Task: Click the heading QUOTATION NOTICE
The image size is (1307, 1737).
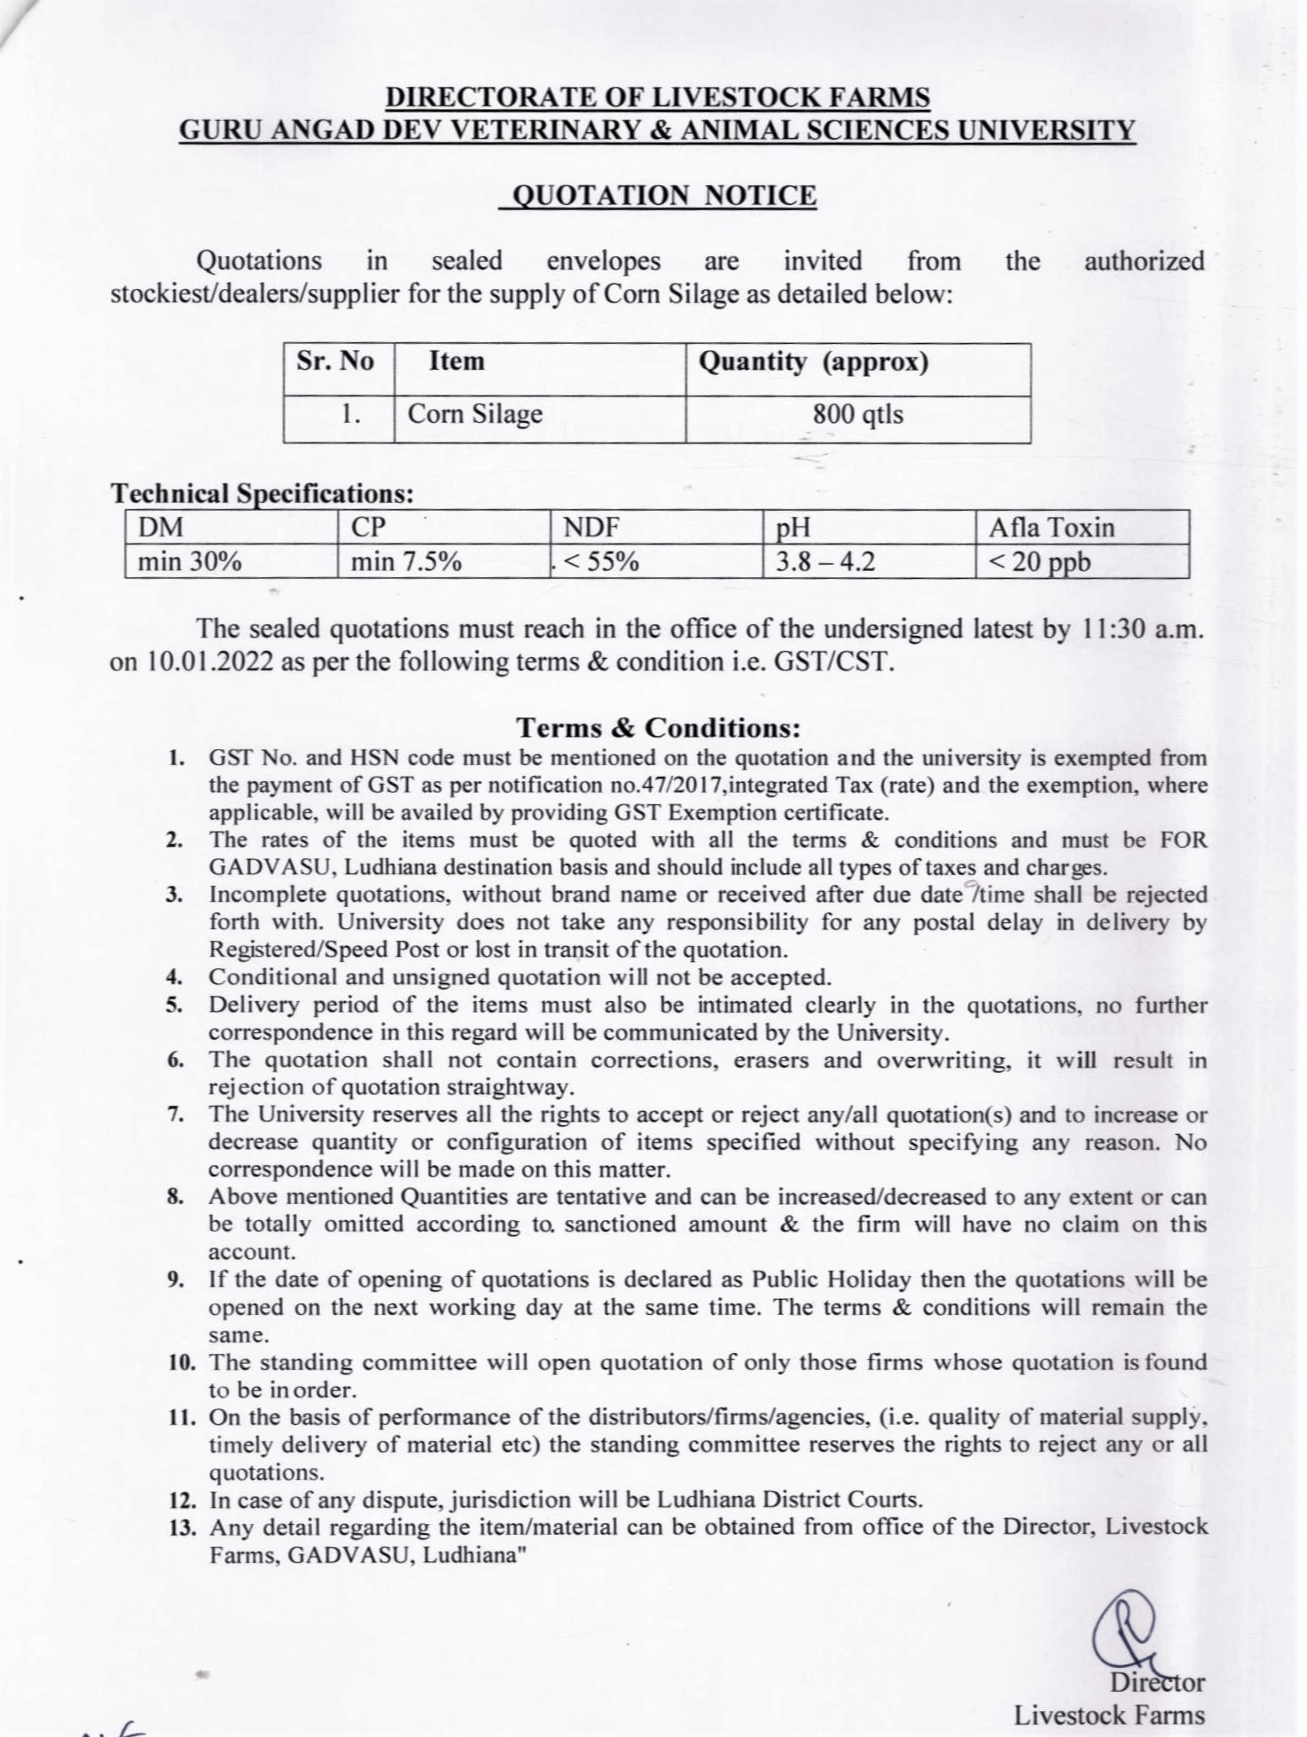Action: (x=657, y=195)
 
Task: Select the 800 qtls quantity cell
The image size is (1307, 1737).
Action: (x=857, y=414)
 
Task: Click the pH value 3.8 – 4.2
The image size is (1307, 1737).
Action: (x=826, y=561)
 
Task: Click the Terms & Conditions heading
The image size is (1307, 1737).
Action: (x=658, y=728)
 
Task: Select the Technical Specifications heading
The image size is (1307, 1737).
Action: (x=262, y=493)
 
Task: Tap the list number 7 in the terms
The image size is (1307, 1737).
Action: (x=175, y=1115)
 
